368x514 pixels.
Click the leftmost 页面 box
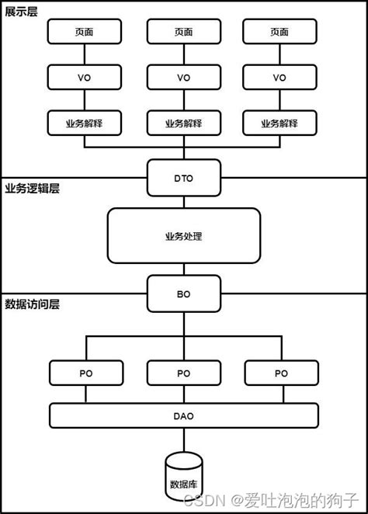pos(85,32)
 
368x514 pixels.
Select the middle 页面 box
pos(183,32)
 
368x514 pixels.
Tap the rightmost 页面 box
pos(279,32)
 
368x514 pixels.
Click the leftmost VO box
pos(85,77)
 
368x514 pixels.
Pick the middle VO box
pos(183,77)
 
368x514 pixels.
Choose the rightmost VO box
pos(279,77)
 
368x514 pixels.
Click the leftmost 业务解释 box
pos(85,123)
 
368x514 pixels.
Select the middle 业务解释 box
pos(183,123)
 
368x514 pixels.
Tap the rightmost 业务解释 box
pos(279,123)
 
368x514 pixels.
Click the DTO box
pos(183,178)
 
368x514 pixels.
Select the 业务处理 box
pos(183,235)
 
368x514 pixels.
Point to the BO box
pos(183,294)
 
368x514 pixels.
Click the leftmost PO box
pos(85,373)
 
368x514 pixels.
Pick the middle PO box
pos(183,373)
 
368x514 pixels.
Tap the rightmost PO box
pos(280,373)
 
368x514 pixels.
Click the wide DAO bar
pos(183,415)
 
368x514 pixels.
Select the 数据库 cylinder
pos(184,475)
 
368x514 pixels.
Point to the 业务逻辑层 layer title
pos(32,189)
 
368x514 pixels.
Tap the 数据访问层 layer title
pos(32,304)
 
